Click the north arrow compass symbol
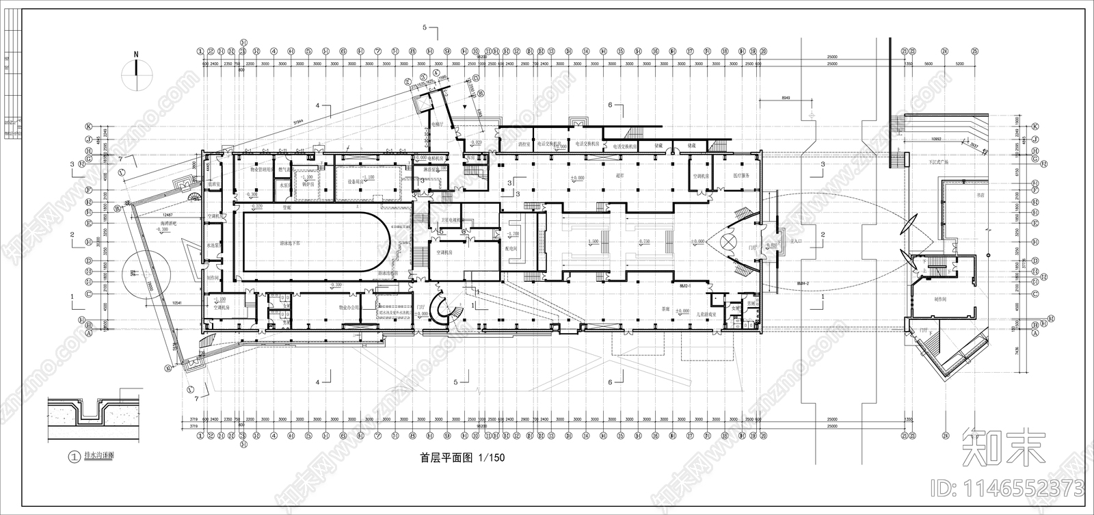pos(136,72)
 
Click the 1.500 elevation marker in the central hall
pos(593,241)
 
